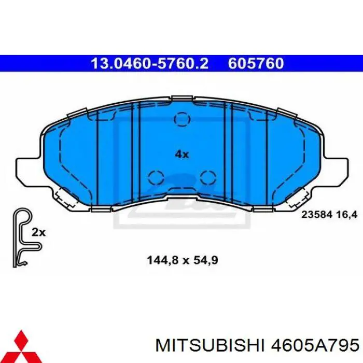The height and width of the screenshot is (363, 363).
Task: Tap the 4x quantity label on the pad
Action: coord(181,153)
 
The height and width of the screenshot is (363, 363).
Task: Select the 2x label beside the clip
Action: coord(38,233)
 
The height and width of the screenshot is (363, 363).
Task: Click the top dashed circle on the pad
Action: coord(181,120)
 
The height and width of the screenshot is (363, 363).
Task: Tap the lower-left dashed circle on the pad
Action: coord(156,177)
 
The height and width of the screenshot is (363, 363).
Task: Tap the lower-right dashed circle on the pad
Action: coord(207,177)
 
